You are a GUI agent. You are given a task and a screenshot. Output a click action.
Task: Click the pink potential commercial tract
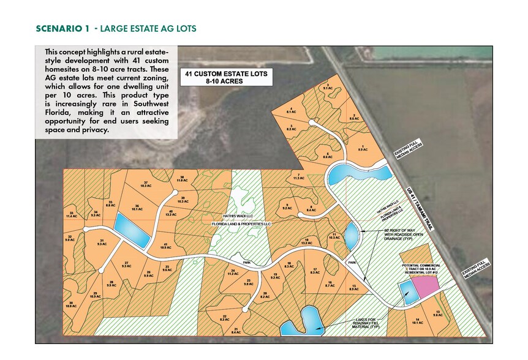pyautogui.click(x=424, y=285)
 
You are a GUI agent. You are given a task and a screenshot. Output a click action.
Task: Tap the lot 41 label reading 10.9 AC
pyautogui.click(x=164, y=246)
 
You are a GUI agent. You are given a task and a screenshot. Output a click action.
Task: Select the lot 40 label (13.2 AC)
pyautogui.click(x=172, y=213)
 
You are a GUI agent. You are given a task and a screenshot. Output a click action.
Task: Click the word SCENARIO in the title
pyautogui.click(x=56, y=28)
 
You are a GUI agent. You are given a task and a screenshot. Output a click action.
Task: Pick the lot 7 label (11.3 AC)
pyautogui.click(x=298, y=178)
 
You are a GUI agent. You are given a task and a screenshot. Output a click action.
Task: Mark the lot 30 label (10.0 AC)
pyautogui.click(x=72, y=305)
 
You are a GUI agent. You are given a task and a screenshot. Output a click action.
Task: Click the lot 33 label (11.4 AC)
pyautogui.click(x=72, y=215)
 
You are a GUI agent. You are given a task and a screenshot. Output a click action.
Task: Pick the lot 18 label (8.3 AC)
pyautogui.click(x=289, y=264)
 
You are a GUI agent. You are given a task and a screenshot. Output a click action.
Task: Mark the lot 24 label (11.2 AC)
pyautogui.click(x=233, y=272)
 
